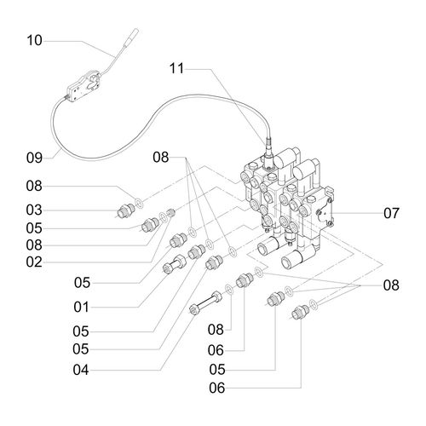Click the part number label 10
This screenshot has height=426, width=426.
click(x=34, y=40)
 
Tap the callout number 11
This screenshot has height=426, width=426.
click(x=176, y=68)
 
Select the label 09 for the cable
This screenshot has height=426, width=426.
click(x=34, y=158)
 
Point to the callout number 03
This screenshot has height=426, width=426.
click(x=34, y=210)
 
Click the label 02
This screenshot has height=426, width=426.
click(x=34, y=262)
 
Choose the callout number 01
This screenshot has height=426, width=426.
click(x=82, y=307)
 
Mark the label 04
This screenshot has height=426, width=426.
click(x=81, y=370)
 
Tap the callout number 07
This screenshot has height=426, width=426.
click(x=391, y=213)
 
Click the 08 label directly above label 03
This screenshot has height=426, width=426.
click(x=34, y=186)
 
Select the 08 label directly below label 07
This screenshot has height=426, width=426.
click(x=391, y=285)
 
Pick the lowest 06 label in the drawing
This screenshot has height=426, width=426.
click(x=217, y=388)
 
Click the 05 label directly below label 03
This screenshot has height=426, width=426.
click(x=34, y=228)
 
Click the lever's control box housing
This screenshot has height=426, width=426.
click(x=83, y=86)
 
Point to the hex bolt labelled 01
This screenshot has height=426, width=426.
click(x=174, y=264)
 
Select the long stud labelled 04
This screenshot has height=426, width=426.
click(x=205, y=303)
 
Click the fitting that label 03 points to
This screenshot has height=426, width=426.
click(x=125, y=211)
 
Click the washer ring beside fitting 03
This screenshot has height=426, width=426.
click(x=139, y=203)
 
